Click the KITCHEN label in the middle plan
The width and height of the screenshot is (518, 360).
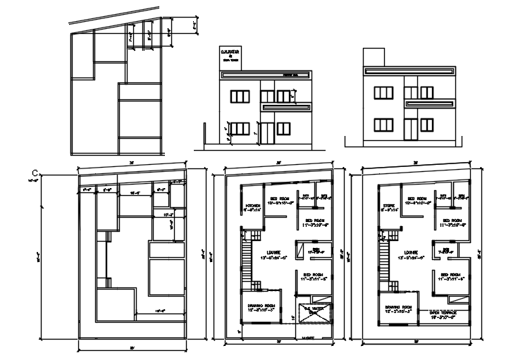(x=252, y=206)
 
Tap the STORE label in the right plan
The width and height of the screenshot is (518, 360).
(x=389, y=206)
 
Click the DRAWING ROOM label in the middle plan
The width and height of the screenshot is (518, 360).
(x=255, y=307)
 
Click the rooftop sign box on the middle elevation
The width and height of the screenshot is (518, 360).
(x=232, y=56)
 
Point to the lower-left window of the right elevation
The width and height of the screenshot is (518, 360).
(x=384, y=125)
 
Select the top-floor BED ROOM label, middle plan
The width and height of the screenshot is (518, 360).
(x=276, y=199)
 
